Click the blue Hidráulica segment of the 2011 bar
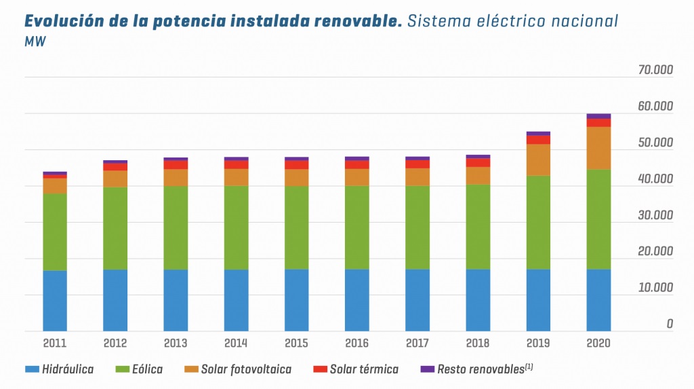54,301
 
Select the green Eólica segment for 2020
598,219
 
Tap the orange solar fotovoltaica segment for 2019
538,160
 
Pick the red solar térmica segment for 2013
176,164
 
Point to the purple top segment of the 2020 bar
598,116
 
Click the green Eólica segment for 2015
296,227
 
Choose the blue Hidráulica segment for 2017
417,300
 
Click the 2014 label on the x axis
236,343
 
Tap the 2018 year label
478,343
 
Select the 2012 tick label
115,343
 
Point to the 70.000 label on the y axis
655,71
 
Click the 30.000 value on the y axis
655,215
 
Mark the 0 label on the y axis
670,324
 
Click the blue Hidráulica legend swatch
32,369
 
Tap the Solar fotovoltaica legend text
246,369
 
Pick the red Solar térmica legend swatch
320,369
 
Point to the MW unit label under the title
35,42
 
